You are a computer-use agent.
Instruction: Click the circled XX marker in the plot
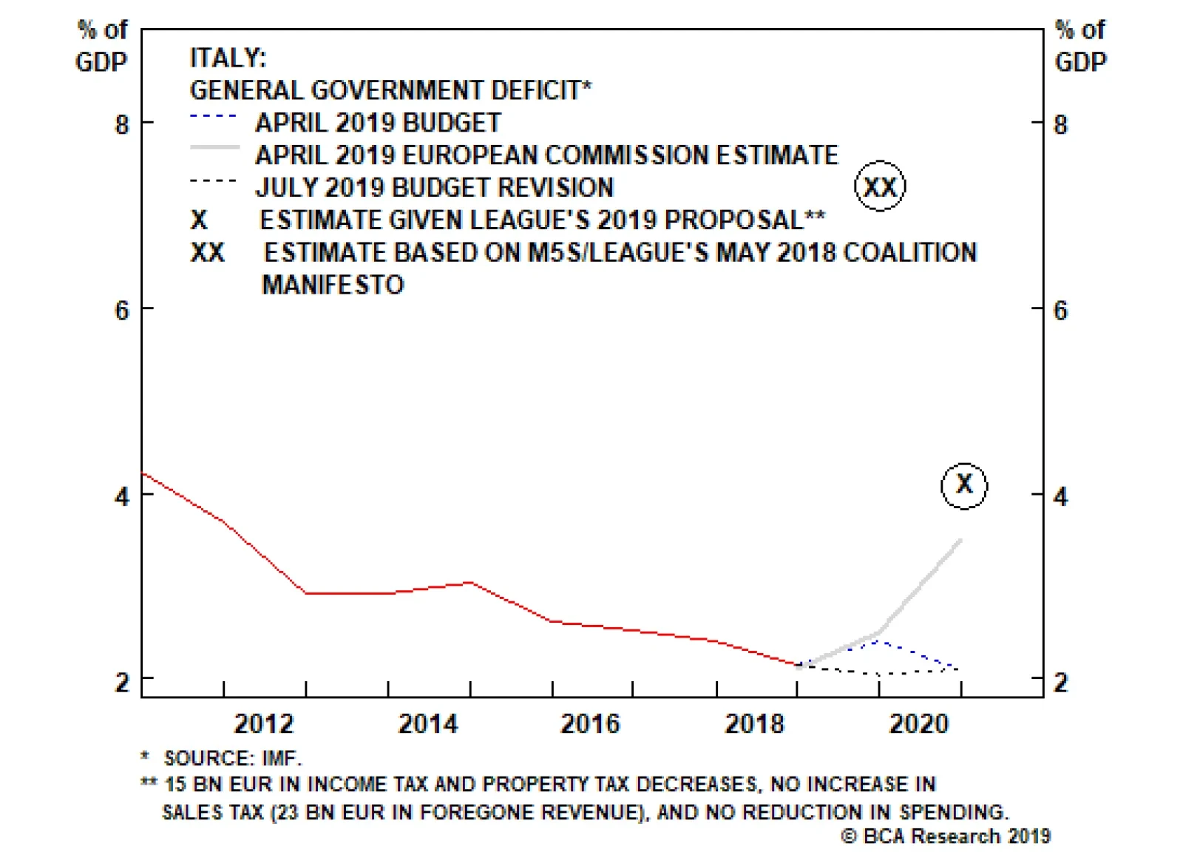[880, 186]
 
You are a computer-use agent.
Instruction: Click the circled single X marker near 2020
[964, 485]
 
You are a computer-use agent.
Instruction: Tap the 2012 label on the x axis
[264, 723]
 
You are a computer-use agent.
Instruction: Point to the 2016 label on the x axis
[590, 723]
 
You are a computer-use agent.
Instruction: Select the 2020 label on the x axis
[918, 723]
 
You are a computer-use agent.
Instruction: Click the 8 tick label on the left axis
[122, 124]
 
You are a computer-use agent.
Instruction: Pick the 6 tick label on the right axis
[1061, 311]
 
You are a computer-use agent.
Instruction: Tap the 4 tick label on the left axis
[122, 496]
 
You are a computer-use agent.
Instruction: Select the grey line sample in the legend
[214, 148]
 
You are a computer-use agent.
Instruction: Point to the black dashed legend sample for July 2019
[214, 180]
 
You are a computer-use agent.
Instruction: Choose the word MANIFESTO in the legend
[333, 285]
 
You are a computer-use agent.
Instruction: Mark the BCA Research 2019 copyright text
[946, 836]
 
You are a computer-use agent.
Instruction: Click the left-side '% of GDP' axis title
[102, 46]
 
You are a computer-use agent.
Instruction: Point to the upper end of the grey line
[960, 541]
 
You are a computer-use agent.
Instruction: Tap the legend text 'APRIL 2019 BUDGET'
[378, 123]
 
